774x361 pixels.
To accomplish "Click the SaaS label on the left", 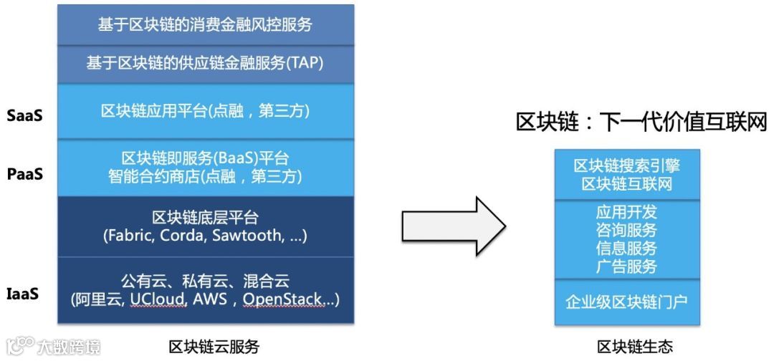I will [x=25, y=114].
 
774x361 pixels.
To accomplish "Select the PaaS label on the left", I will [x=25, y=173].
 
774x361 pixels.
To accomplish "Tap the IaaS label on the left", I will [x=24, y=294].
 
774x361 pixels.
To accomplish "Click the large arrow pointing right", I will [x=453, y=226].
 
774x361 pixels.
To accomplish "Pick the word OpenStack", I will [x=282, y=299].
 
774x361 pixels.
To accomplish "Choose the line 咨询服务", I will [x=626, y=231].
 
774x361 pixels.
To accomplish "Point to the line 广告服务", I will [x=626, y=266].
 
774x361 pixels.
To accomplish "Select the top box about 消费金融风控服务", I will [x=205, y=25].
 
